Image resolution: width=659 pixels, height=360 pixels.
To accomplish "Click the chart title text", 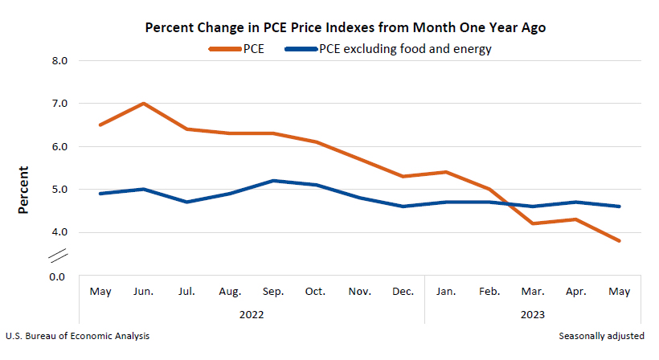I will click(x=345, y=27).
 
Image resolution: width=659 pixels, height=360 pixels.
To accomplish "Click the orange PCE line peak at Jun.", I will click(x=143, y=104).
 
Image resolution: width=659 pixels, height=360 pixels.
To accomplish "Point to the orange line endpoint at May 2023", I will click(x=619, y=241).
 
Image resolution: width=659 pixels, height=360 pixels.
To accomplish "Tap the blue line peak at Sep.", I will click(x=274, y=181).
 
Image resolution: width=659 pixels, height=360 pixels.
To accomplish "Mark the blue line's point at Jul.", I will click(x=187, y=202).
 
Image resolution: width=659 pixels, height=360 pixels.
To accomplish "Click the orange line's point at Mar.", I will click(x=533, y=223).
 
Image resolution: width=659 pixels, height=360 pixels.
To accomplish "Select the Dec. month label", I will click(x=403, y=291).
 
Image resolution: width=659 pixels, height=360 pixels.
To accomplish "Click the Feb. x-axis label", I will click(x=489, y=291).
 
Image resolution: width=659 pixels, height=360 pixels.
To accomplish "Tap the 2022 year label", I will click(x=252, y=313).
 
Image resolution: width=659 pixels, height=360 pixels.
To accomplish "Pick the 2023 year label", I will click(x=532, y=313).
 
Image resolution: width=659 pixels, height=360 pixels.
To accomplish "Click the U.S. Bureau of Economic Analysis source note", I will click(x=77, y=336).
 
